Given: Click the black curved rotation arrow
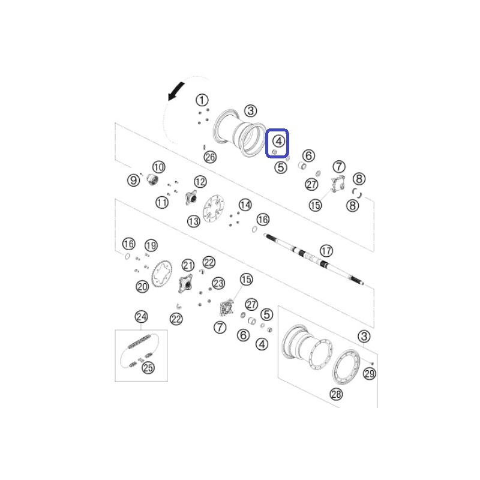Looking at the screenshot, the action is point(176,91).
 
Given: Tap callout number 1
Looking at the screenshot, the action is point(202,100).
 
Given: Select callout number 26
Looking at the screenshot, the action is point(211,157).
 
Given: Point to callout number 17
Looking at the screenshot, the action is point(326,251).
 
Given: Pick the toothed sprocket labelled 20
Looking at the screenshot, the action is point(161,274).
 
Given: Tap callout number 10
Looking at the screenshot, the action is point(158,167).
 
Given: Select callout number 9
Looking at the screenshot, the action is point(133,180).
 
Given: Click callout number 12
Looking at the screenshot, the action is point(200,182).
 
